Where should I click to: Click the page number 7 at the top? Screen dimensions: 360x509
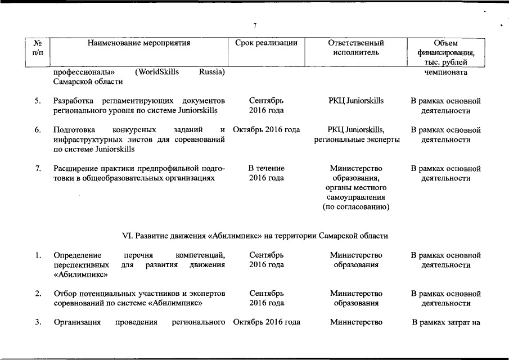point(255,26)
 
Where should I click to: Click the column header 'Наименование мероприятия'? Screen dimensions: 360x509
point(139,43)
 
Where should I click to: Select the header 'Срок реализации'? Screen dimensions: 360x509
point(265,43)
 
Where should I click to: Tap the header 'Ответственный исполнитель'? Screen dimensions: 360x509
point(356,48)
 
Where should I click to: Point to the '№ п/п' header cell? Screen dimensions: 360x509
point(38,48)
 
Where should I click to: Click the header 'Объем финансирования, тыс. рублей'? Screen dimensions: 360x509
point(446,53)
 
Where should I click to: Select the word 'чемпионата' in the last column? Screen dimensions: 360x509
point(446,72)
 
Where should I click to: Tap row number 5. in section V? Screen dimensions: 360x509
point(37,101)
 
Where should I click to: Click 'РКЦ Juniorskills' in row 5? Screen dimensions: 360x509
point(356,101)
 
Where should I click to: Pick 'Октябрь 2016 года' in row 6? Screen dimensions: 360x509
point(266,130)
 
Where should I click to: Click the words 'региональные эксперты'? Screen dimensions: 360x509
point(357,139)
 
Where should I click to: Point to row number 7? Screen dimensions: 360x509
point(37,168)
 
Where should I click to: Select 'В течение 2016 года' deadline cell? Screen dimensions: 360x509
point(266,173)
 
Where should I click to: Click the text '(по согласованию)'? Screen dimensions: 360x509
point(356,208)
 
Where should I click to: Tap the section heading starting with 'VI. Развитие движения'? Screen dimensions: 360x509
point(255,235)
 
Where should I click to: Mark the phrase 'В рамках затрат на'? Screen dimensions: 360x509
point(446,322)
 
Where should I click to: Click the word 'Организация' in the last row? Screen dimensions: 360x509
point(77,322)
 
